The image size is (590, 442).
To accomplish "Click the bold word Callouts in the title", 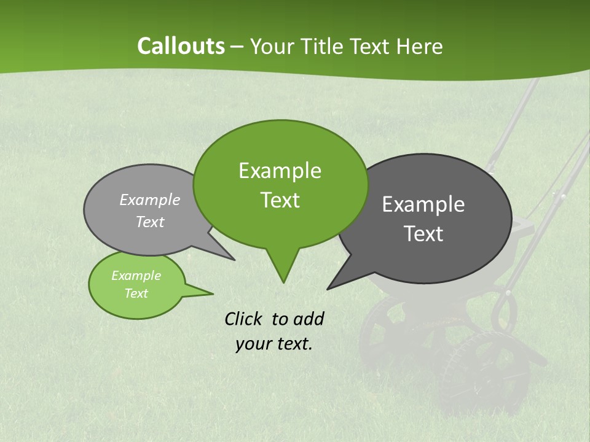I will point(181,46).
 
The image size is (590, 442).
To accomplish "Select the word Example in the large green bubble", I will point(280,171).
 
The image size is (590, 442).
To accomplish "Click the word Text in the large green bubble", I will point(280,200).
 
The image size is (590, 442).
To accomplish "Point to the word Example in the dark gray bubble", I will point(423,204).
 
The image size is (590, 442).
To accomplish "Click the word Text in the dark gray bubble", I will point(423,234).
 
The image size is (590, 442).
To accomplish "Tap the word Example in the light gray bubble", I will point(150,200).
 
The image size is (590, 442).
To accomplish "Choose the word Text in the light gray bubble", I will point(150,222).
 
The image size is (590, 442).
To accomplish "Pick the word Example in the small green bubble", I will point(136,276).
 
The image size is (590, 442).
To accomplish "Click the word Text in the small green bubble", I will point(136,293).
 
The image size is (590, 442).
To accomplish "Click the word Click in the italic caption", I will point(245,319).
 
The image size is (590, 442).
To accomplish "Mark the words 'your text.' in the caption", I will point(274,344).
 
